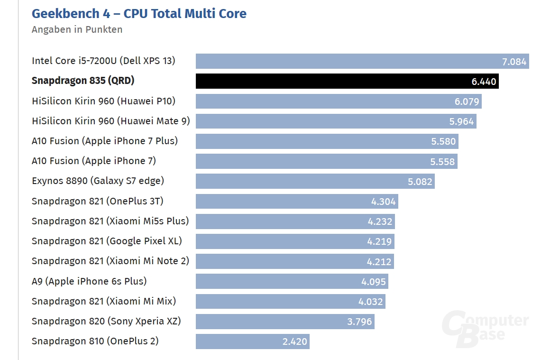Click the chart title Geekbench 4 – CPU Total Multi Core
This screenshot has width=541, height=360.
point(139,13)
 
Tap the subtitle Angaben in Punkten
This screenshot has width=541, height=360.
point(77,29)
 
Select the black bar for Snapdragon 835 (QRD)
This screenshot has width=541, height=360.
point(332,81)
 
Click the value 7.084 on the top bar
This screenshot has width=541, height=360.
point(514,61)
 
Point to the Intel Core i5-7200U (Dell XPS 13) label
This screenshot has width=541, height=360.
point(103,61)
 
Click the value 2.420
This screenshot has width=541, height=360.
point(295,342)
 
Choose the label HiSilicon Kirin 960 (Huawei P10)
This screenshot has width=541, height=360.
point(103,101)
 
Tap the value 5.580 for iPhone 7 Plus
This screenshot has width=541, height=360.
point(443,141)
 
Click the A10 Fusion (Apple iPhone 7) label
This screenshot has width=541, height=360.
point(94,161)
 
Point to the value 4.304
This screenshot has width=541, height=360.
point(383,202)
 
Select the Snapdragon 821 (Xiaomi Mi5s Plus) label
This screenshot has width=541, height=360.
point(110,221)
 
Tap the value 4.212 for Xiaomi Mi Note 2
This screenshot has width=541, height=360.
point(379,261)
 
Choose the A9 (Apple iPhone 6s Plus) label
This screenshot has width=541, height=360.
point(89,281)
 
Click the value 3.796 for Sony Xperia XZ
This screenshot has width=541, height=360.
point(359,322)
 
